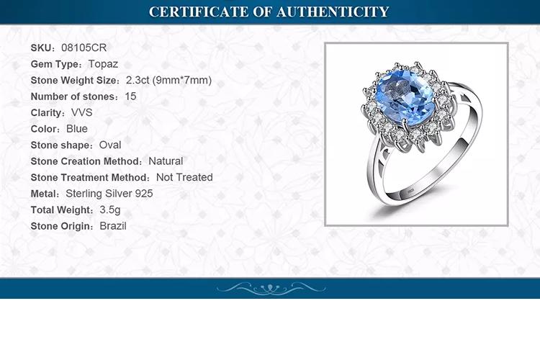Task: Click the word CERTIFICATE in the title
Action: coord(199,12)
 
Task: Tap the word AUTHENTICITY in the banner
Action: coord(333,12)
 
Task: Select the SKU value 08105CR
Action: coord(84,48)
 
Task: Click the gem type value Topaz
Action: coord(103,64)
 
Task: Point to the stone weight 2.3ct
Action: coord(138,80)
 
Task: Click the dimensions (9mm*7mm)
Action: coord(182,80)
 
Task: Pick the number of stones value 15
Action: coord(130,96)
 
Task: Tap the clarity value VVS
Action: coord(81,112)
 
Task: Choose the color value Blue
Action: coord(77,129)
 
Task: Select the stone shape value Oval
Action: coord(110,145)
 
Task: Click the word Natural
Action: coord(166,161)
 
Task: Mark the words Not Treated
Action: coord(184,177)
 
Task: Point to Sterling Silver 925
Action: coord(109,193)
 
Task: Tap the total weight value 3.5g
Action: coord(110,210)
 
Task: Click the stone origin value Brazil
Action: coord(113,226)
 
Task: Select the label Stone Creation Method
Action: coord(86,161)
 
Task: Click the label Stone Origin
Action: coord(62,226)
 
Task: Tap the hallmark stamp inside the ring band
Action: coord(410,191)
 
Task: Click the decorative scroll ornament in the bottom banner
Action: coord(271,289)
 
